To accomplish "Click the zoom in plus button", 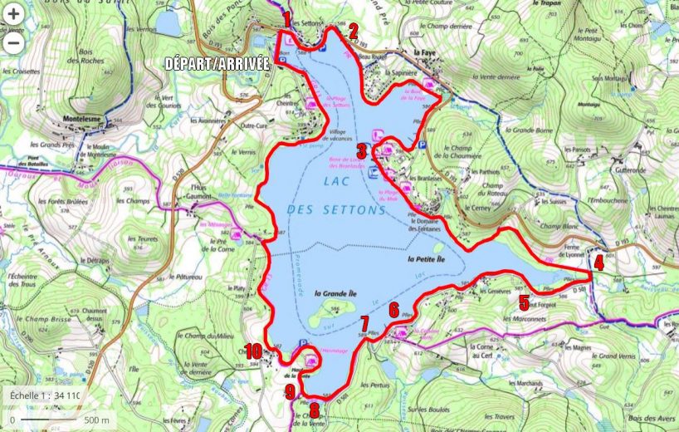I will (14, 15).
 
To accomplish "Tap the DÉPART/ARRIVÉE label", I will (217, 63).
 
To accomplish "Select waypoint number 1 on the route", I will (287, 18).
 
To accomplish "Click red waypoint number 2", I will (353, 32).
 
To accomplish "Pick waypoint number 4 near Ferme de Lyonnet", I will (598, 263).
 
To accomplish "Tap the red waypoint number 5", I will (524, 302).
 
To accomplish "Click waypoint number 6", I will (393, 309).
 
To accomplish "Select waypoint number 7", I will (364, 323).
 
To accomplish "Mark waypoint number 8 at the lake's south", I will (314, 410).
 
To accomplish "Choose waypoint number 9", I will (290, 390).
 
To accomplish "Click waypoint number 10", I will (253, 351).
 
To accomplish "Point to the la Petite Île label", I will (433, 259).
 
